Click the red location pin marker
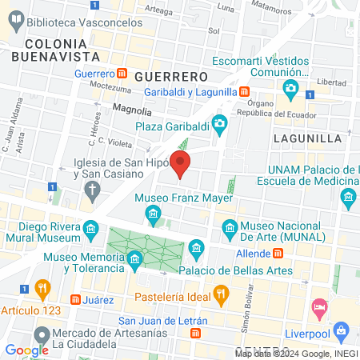tap(181, 164)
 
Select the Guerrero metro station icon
tap(122, 74)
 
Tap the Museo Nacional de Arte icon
tap(230, 226)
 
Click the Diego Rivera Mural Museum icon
tap(91, 232)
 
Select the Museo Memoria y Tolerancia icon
tap(135, 258)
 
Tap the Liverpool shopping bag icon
tap(342, 329)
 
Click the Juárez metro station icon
tap(75, 299)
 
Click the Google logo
tap(26, 350)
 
